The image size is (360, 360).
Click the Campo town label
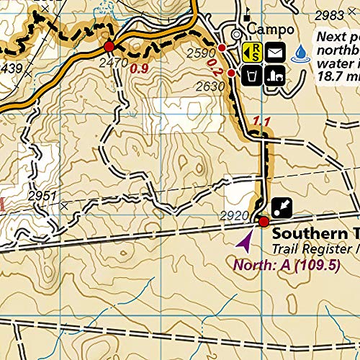click(270, 30)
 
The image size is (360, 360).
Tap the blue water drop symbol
click(300, 51)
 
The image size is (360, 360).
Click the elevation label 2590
click(201, 53)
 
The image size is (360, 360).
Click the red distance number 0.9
click(140, 69)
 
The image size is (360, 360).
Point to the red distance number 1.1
click(261, 122)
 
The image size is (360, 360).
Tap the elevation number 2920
click(233, 215)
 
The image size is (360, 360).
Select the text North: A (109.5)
click(285, 264)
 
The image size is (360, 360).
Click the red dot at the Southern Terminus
click(264, 221)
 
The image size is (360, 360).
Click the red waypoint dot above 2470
click(109, 47)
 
